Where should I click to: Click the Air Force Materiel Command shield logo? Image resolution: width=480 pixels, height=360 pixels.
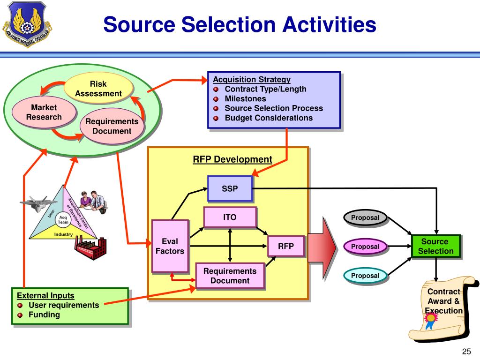[x=27, y=24]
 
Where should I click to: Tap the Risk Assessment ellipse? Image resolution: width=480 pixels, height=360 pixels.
[x=98, y=89]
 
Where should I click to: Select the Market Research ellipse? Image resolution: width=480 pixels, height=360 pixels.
[x=44, y=112]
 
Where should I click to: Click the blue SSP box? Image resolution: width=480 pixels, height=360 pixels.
[x=230, y=188]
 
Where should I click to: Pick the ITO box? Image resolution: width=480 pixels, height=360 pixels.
[x=230, y=217]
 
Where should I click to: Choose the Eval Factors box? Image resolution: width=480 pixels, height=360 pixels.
[x=170, y=246]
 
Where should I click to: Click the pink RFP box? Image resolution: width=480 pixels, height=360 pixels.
[x=286, y=246]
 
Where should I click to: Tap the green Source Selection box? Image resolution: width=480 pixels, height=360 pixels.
[x=436, y=247]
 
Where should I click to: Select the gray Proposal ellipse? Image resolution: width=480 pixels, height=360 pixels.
[x=366, y=217]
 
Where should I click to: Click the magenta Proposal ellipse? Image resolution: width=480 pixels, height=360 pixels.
[x=366, y=247]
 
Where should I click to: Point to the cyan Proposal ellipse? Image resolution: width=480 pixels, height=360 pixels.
[x=366, y=276]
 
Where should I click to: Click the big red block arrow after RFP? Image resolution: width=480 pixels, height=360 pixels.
[x=322, y=247]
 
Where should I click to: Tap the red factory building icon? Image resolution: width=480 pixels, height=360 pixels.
[x=91, y=248]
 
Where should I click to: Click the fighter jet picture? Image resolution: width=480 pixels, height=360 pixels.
[x=38, y=203]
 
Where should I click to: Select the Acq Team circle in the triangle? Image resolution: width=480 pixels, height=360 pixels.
[x=63, y=220]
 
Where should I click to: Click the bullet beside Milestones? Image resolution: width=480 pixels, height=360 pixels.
[x=216, y=99]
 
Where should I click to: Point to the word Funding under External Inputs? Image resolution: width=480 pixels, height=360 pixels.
[x=44, y=315]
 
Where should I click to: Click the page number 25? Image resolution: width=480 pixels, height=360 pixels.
[x=466, y=352]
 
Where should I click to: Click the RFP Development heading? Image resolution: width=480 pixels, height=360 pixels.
[x=232, y=159]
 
